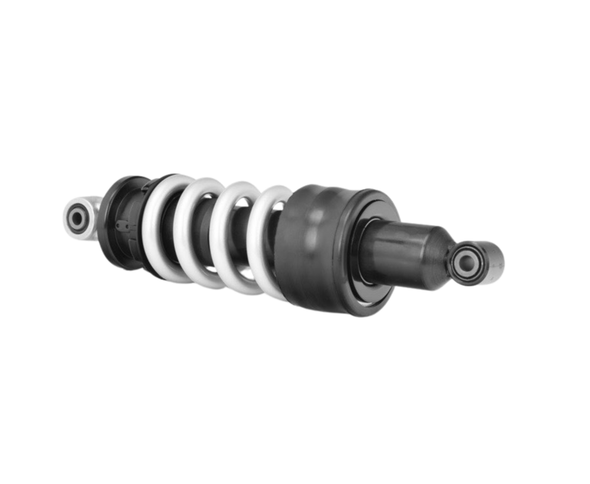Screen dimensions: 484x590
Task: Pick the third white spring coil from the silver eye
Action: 227,236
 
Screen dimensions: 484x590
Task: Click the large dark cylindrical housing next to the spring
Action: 319,248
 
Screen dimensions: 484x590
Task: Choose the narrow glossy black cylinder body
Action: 401,248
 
